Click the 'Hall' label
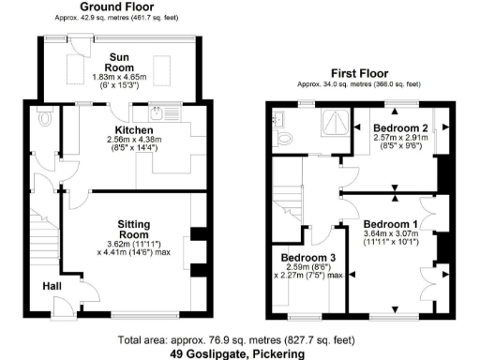point(53,286)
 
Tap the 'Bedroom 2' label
point(400,127)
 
